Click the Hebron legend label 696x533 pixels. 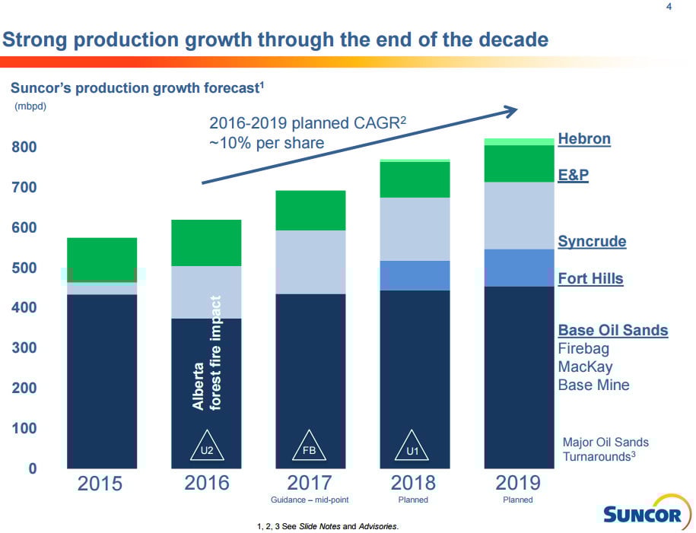point(584,139)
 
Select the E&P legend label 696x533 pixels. point(574,176)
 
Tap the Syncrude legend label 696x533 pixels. point(592,242)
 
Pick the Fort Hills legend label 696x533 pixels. point(590,278)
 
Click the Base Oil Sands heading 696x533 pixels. point(612,330)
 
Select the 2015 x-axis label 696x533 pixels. point(100,483)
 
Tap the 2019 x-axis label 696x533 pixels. point(518,483)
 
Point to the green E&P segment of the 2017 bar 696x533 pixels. point(310,210)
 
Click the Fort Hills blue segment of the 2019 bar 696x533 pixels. point(519,267)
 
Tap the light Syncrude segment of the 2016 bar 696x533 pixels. point(206,292)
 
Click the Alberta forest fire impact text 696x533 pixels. point(206,353)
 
